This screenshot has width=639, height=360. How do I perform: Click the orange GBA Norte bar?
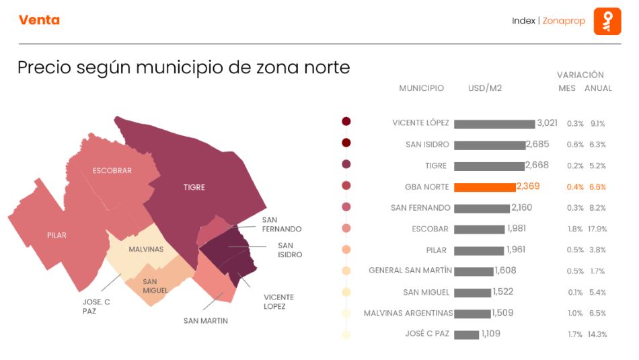tap(485, 187)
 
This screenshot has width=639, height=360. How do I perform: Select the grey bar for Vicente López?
tap(494, 124)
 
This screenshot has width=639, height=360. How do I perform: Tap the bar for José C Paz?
tap(466, 334)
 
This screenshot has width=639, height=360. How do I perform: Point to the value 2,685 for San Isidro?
tap(537, 144)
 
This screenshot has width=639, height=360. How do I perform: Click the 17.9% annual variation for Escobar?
tap(597, 229)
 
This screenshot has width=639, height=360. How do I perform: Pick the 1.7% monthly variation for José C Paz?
tap(575, 334)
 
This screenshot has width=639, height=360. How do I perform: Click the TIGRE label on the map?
tap(194, 187)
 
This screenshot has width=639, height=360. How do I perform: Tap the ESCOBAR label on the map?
tap(112, 171)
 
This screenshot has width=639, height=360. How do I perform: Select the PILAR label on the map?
tap(57, 236)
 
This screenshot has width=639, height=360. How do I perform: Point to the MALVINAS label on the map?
tap(146, 250)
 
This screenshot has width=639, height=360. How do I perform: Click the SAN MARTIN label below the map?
tap(205, 321)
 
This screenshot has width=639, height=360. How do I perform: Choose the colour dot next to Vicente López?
tap(346, 122)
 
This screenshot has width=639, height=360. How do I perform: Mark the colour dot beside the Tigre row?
tap(346, 164)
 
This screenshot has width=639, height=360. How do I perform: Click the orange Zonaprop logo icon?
tap(607, 21)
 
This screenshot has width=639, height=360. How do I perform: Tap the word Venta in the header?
tap(39, 20)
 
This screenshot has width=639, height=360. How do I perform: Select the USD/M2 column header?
tap(485, 88)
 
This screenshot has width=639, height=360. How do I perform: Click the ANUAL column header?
tap(598, 88)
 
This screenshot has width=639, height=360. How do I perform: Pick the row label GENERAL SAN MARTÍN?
tap(410, 271)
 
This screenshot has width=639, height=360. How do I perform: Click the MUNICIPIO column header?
tap(421, 88)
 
